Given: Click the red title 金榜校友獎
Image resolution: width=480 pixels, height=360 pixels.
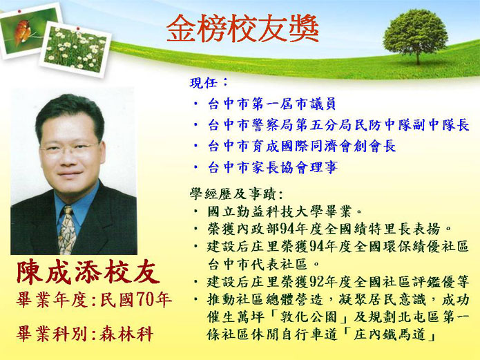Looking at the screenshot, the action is [x=242, y=29].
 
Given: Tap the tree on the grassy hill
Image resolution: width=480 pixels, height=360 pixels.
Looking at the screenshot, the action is [x=415, y=36].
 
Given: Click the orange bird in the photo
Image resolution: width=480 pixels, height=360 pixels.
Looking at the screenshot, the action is [x=22, y=32].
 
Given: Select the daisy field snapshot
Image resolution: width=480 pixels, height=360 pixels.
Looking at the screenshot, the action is [x=75, y=49].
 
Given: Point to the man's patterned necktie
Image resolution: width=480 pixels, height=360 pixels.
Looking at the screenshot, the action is [x=67, y=230].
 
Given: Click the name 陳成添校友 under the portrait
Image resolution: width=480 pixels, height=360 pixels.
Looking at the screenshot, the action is [x=88, y=272].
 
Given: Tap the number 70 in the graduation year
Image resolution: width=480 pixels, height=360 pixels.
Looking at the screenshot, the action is [x=144, y=300].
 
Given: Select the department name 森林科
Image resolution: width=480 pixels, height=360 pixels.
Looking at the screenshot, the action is [x=127, y=334].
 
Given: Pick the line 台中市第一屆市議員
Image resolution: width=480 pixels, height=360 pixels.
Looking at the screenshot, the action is [x=272, y=104].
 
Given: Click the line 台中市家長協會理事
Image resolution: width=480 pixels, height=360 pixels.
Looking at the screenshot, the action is [x=273, y=168].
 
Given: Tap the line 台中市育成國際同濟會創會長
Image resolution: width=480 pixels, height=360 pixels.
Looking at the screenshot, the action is [x=302, y=146].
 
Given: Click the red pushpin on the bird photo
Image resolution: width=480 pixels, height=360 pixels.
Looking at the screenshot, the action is [x=19, y=12].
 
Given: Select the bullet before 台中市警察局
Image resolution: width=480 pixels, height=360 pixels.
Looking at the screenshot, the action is [x=196, y=125].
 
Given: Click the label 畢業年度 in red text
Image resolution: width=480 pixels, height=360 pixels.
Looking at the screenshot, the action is [x=52, y=300].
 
